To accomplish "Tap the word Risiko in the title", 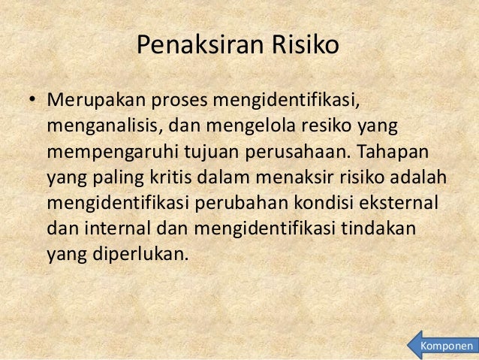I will tap(304, 47).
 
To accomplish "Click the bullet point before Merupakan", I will tap(33, 100).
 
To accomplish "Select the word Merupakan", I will tap(96, 100).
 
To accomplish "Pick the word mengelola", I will tap(256, 126).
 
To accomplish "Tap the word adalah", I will tap(420, 178).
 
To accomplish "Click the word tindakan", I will tap(386, 229).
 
